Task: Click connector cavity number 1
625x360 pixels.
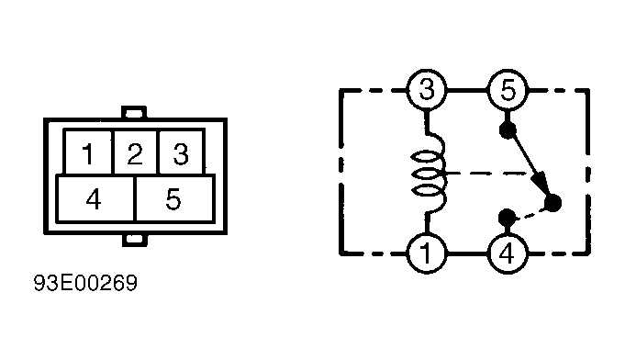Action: pos(88,152)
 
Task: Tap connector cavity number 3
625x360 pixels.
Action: pos(182,152)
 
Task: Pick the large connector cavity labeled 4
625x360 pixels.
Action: pos(95,198)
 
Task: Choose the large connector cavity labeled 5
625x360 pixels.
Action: pos(175,198)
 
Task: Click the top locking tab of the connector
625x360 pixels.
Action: pos(134,112)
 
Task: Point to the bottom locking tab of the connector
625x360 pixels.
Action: pos(134,240)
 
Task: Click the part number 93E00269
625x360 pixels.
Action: pos(85,283)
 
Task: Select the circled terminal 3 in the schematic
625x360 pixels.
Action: pos(427,90)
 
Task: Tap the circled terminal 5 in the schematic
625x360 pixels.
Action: pos(508,90)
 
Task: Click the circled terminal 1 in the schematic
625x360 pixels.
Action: pos(427,253)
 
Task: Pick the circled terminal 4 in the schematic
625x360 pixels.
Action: pos(508,253)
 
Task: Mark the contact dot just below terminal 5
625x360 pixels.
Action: pos(508,130)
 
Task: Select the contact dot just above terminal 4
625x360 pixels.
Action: pos(507,218)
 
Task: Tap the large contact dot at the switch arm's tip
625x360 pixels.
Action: pos(552,203)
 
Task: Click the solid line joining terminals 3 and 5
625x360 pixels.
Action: pos(467,91)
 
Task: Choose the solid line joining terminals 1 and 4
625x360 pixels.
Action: pos(467,253)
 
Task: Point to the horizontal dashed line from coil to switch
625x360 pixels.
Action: pos(488,174)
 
